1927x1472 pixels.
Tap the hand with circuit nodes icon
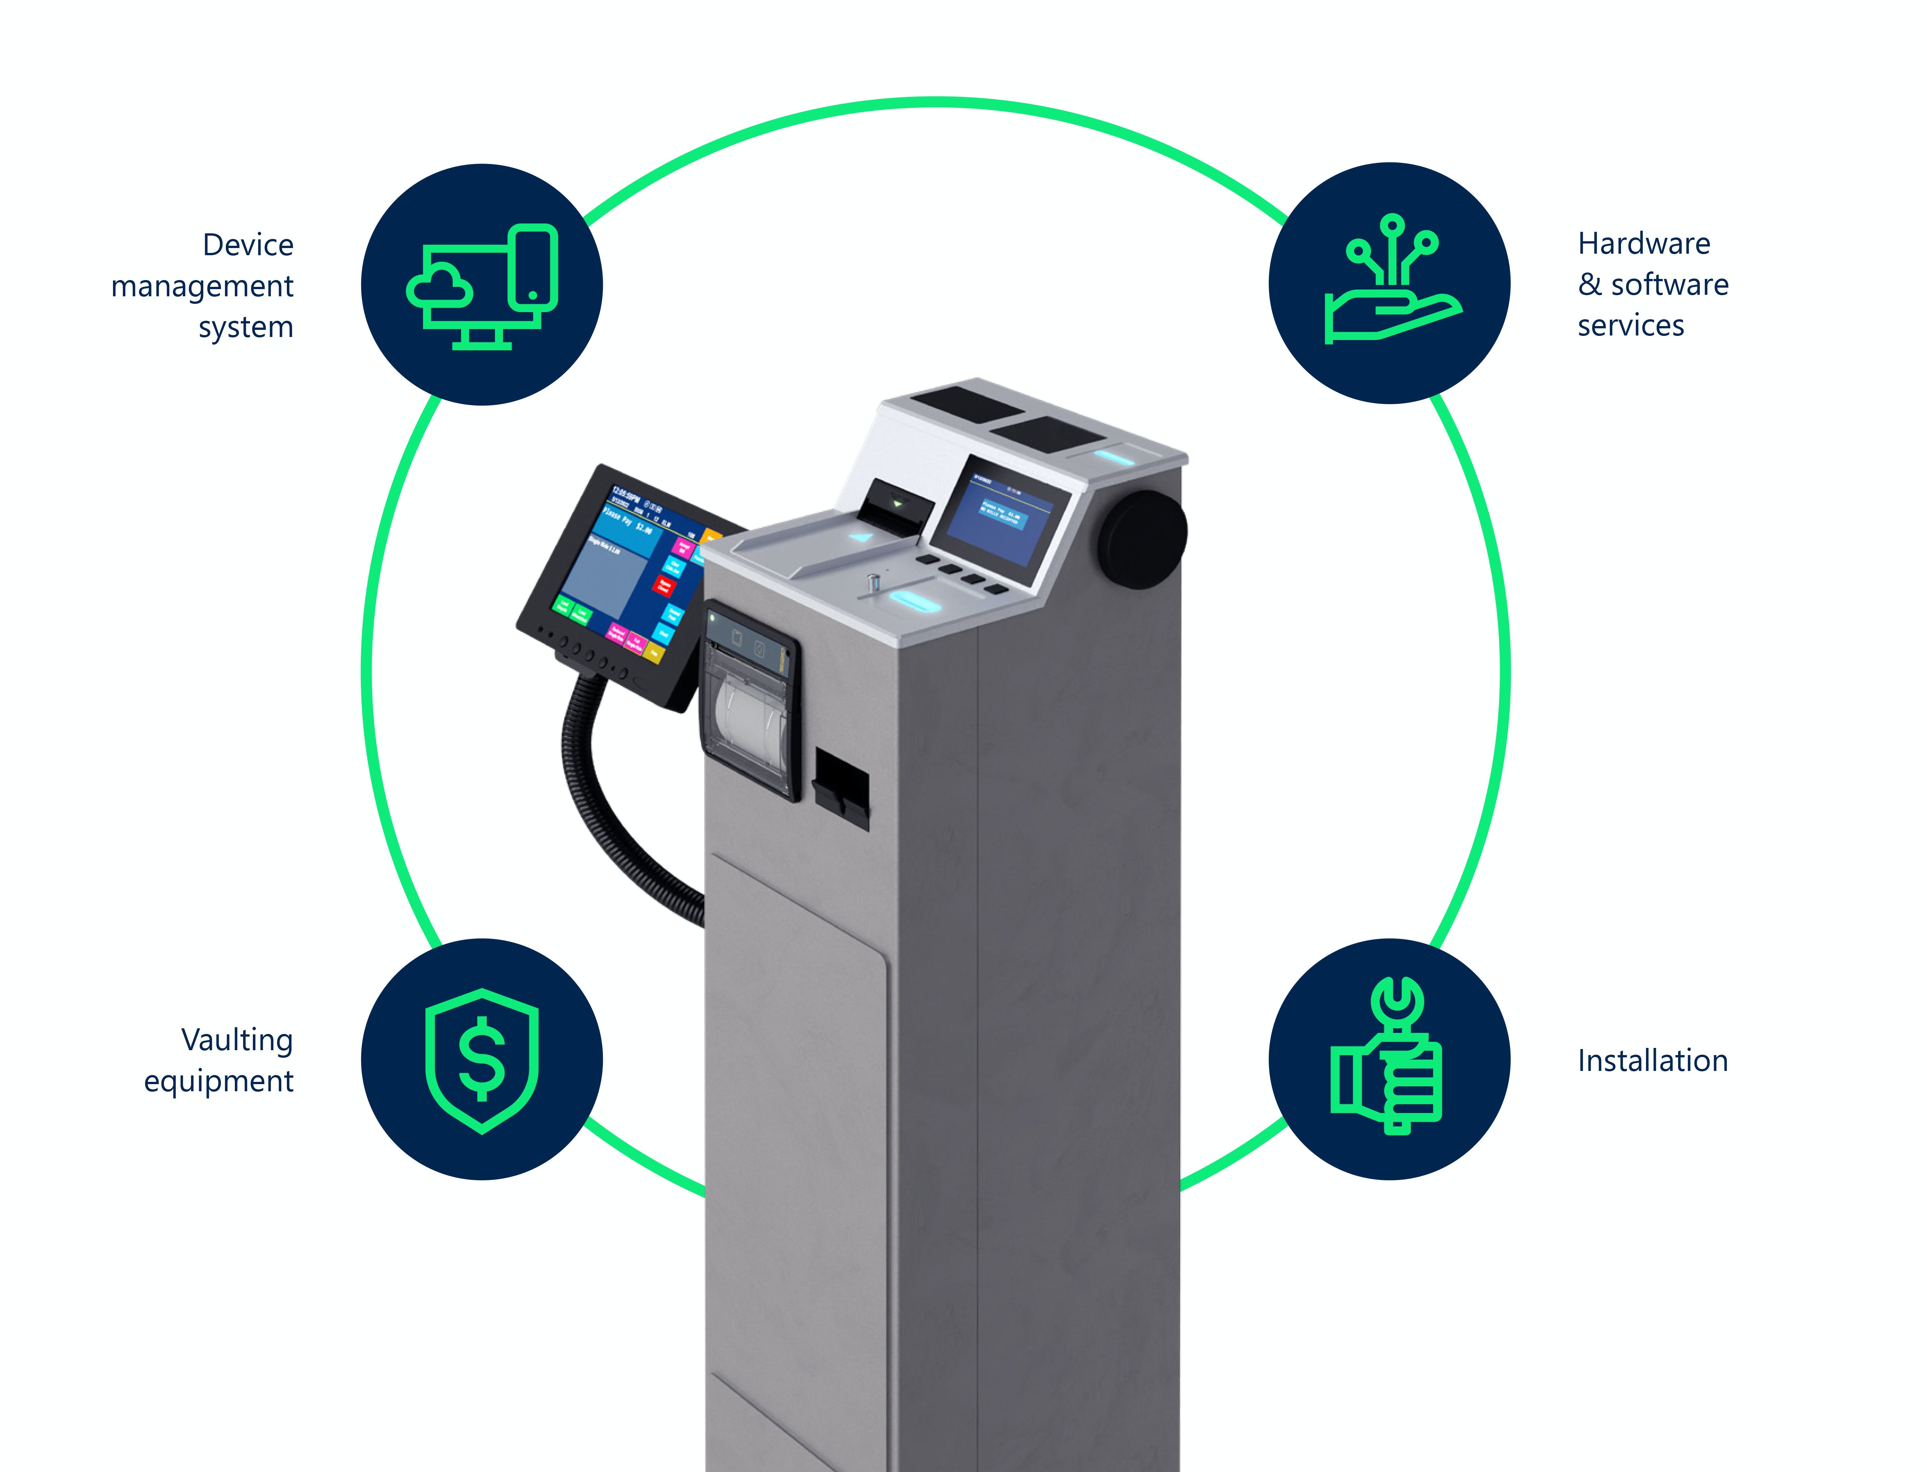click(1390, 282)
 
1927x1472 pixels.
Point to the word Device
click(248, 245)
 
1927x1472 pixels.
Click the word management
click(202, 286)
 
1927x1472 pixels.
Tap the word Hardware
click(1644, 244)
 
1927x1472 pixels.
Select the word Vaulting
click(237, 1040)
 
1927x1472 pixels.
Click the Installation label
click(1653, 1061)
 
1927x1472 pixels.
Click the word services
click(1631, 326)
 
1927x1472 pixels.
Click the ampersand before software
click(1590, 285)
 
